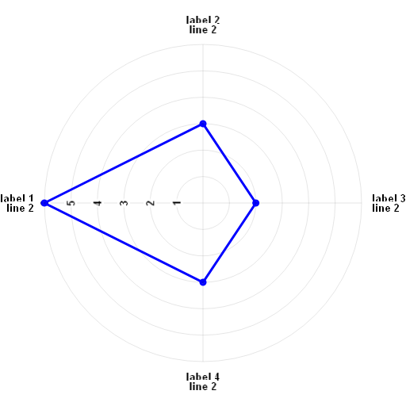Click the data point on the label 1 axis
point(44,203)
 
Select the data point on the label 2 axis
point(203,124)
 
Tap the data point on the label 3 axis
point(255,203)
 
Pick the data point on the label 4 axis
point(203,282)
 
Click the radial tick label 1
point(177,203)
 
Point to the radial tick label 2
point(151,203)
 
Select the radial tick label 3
point(124,203)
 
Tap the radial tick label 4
point(98,203)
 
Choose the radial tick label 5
point(71,203)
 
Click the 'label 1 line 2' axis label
point(17,203)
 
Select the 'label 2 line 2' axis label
point(203,25)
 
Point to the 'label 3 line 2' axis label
point(389,203)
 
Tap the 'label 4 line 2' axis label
point(203,381)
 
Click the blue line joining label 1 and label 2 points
point(124,163)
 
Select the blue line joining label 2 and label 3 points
point(229,163)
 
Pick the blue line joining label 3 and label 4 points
point(229,243)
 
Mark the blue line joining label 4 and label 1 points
point(124,243)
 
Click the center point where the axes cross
point(203,203)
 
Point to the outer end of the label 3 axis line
point(362,203)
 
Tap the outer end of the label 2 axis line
point(203,44)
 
